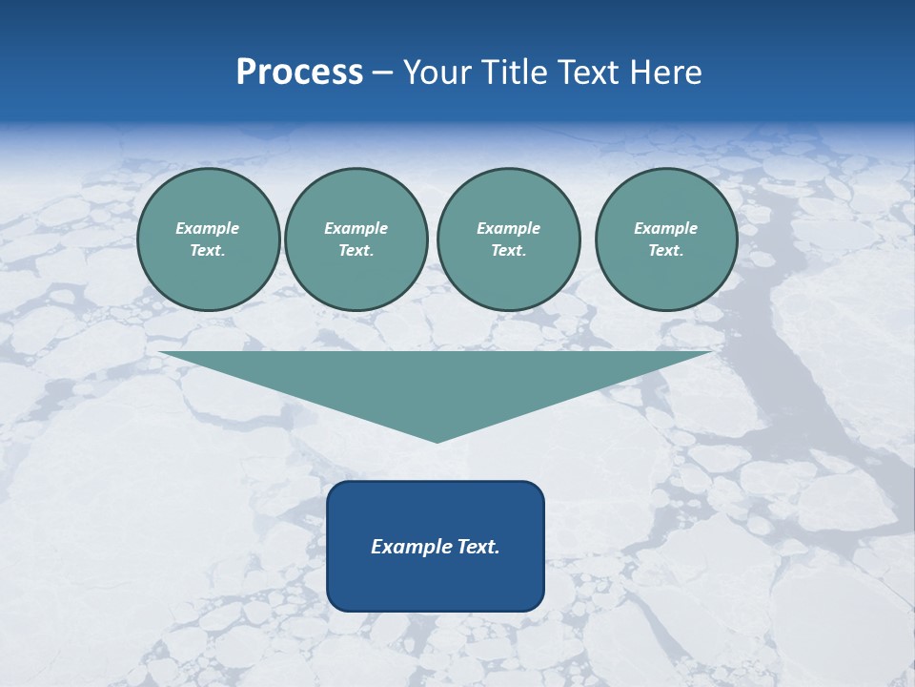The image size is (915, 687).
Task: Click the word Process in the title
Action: pos(299,73)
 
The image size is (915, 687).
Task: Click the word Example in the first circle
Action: pos(208,228)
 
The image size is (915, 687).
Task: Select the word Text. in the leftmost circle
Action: pos(208,250)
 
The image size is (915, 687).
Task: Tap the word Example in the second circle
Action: pos(356,228)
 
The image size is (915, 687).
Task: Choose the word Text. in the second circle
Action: pos(356,250)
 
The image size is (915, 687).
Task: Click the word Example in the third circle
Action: pos(508,228)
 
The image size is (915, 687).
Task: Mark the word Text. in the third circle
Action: pos(508,250)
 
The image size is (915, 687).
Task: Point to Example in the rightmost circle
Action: pos(665,228)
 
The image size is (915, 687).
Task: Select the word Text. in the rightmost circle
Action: pos(665,250)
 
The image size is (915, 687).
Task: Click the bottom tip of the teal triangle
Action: pos(437,441)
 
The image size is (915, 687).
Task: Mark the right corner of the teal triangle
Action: pos(710,353)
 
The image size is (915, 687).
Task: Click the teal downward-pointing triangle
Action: pos(437,382)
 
